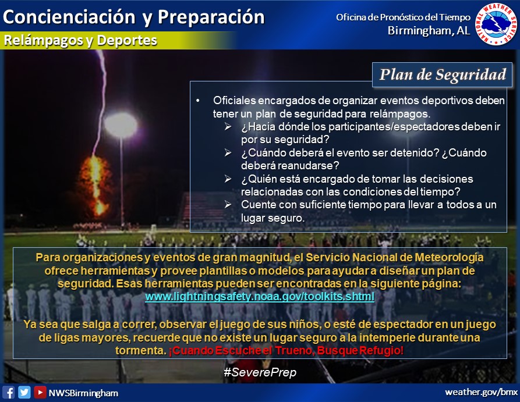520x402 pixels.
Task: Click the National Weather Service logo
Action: pyautogui.click(x=496, y=24)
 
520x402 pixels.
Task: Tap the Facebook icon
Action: pyautogui.click(x=9, y=392)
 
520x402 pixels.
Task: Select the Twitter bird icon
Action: pyautogui.click(x=24, y=392)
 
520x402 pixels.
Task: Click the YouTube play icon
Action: pyautogui.click(x=40, y=392)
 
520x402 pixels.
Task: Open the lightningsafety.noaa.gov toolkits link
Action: pyautogui.click(x=260, y=296)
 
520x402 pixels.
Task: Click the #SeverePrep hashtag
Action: pyautogui.click(x=260, y=372)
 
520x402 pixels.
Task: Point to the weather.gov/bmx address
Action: pyautogui.click(x=481, y=392)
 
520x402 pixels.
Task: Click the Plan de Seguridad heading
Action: pyautogui.click(x=443, y=74)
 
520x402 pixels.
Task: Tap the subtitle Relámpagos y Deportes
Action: pyautogui.click(x=80, y=40)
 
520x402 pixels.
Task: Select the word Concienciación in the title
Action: pyautogui.click(x=69, y=17)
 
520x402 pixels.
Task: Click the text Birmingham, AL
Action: pyautogui.click(x=429, y=30)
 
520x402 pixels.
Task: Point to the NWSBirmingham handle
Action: pyautogui.click(x=83, y=393)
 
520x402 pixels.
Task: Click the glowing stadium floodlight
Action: pyautogui.click(x=121, y=125)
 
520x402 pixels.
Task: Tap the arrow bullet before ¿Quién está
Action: pyautogui.click(x=228, y=179)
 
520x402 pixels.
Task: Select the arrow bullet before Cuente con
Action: pyautogui.click(x=228, y=204)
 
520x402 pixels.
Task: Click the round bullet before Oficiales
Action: pyautogui.click(x=198, y=101)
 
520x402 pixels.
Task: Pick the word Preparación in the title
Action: pyautogui.click(x=211, y=17)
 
